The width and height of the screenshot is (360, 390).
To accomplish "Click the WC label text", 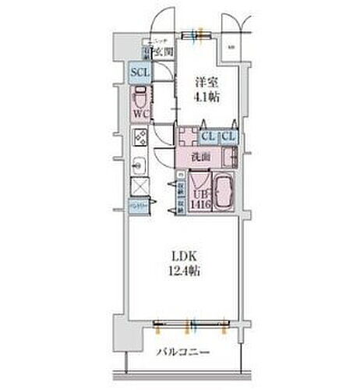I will pyautogui.click(x=140, y=114).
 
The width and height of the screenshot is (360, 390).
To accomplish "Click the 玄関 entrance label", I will pyautogui.click(x=163, y=52).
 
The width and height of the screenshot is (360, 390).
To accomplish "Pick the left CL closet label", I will pyautogui.click(x=207, y=137).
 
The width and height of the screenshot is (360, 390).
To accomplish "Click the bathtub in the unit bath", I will pyautogui.click(x=224, y=191).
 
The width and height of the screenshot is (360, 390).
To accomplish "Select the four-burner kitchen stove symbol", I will pyautogui.click(x=140, y=139).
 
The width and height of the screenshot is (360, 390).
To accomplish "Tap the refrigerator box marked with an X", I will pyautogui.click(x=140, y=187).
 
